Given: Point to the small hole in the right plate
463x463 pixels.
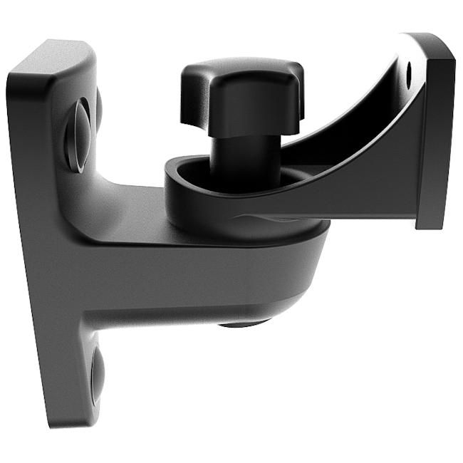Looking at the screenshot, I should click(409, 72).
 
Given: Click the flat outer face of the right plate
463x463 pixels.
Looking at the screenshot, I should click(436, 135).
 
